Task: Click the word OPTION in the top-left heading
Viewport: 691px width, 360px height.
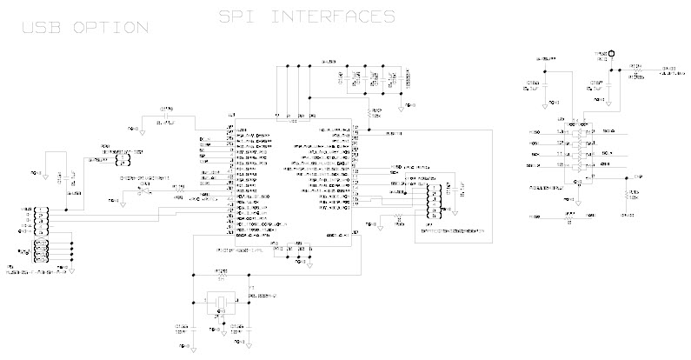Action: click(x=110, y=29)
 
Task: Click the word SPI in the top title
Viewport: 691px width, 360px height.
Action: click(x=240, y=16)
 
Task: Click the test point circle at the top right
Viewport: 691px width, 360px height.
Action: click(x=612, y=54)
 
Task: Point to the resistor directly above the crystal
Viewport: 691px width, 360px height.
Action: click(x=222, y=278)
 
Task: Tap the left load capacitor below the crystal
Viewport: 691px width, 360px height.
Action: click(x=194, y=329)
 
